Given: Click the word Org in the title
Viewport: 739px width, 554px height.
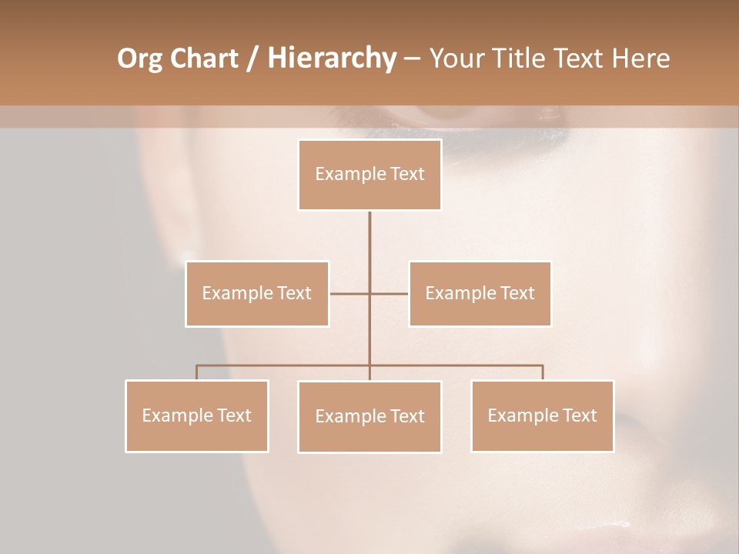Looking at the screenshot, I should pos(139,58).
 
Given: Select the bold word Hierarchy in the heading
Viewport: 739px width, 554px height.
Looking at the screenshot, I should pos(331,58).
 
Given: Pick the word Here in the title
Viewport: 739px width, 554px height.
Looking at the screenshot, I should pos(640,58).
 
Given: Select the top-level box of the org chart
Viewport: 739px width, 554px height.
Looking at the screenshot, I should pos(369,175).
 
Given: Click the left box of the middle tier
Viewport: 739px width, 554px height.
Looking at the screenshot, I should pos(257,293).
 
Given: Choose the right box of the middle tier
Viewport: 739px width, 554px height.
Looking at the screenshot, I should pos(480,293).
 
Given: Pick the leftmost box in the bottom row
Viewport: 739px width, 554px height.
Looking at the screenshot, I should pos(197,415).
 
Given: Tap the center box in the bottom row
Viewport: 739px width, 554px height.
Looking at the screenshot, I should pos(369,416).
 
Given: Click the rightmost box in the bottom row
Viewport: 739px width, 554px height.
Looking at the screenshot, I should pos(542,415).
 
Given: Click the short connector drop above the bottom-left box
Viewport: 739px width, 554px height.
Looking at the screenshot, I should pos(197,372).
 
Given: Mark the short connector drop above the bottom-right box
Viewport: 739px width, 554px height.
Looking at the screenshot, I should pos(543,372).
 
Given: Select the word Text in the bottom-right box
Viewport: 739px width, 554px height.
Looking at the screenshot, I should pos(579,415).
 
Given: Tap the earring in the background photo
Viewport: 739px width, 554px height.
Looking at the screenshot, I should pos(186,255).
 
